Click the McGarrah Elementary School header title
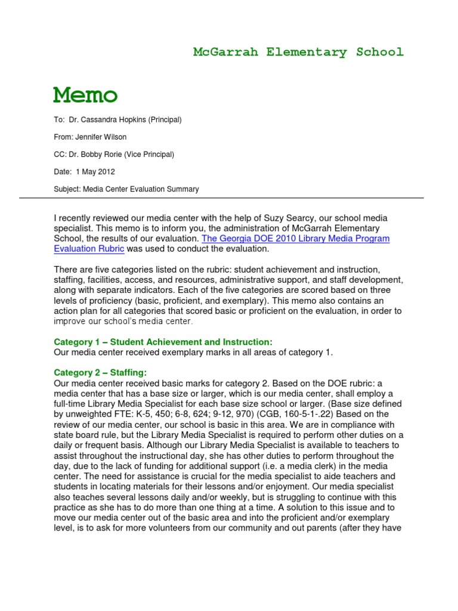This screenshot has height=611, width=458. coord(298,52)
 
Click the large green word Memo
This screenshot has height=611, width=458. coord(85,95)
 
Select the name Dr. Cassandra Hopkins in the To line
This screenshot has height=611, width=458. coord(105,120)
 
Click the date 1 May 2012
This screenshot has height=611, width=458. coord(94,172)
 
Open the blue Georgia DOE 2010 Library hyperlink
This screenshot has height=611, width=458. coord(295,239)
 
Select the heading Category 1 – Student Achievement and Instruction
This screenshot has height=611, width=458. coord(163,342)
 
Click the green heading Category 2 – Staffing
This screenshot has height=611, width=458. coord(100,372)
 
